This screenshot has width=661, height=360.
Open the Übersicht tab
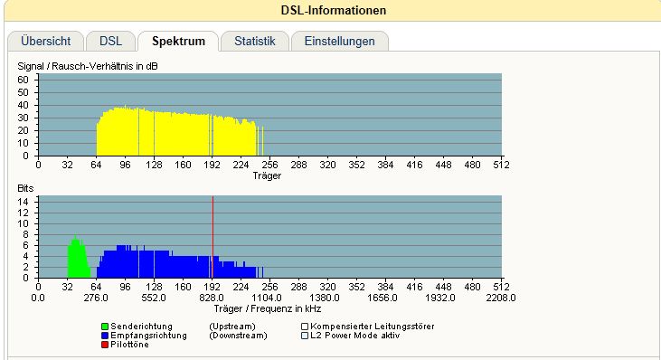coord(45,42)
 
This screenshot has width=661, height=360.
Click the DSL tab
coord(110,42)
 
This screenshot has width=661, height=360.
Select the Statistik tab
coord(255,42)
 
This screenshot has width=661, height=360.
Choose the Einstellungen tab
coord(339,42)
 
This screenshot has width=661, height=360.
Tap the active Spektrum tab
coord(178,42)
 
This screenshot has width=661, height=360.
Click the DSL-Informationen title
coord(334,10)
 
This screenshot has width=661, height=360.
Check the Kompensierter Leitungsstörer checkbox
coord(305,327)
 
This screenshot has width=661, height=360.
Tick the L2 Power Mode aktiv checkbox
coord(305,336)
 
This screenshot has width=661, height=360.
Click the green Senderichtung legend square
coord(105,327)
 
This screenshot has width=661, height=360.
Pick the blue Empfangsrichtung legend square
coord(105,336)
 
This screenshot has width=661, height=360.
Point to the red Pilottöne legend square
coord(105,345)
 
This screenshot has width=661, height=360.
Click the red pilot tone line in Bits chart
coord(212,236)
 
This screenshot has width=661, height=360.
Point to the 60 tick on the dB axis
coord(23,80)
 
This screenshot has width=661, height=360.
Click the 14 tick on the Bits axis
coord(23,202)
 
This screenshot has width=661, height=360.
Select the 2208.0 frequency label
coord(501,298)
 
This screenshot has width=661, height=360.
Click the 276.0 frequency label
coord(96,298)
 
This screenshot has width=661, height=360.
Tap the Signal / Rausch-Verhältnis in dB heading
coord(88,66)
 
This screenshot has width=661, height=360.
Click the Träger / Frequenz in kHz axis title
coord(268,309)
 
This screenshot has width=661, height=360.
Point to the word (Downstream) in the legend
coord(238,336)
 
